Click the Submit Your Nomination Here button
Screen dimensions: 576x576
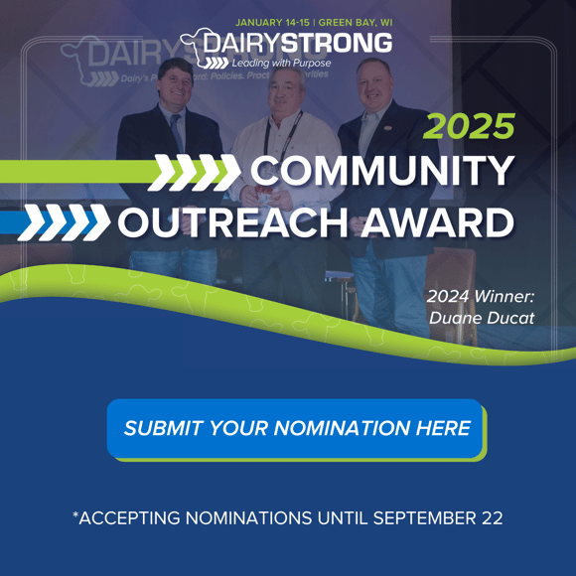[x=296, y=429]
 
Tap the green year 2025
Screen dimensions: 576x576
[x=470, y=126]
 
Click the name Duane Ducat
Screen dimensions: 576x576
[x=482, y=318]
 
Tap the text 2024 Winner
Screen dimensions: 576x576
[x=481, y=295]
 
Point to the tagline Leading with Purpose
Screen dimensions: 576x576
[x=281, y=64]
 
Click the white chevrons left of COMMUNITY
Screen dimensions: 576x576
[x=194, y=172]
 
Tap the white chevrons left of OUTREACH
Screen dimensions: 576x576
[x=64, y=222]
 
